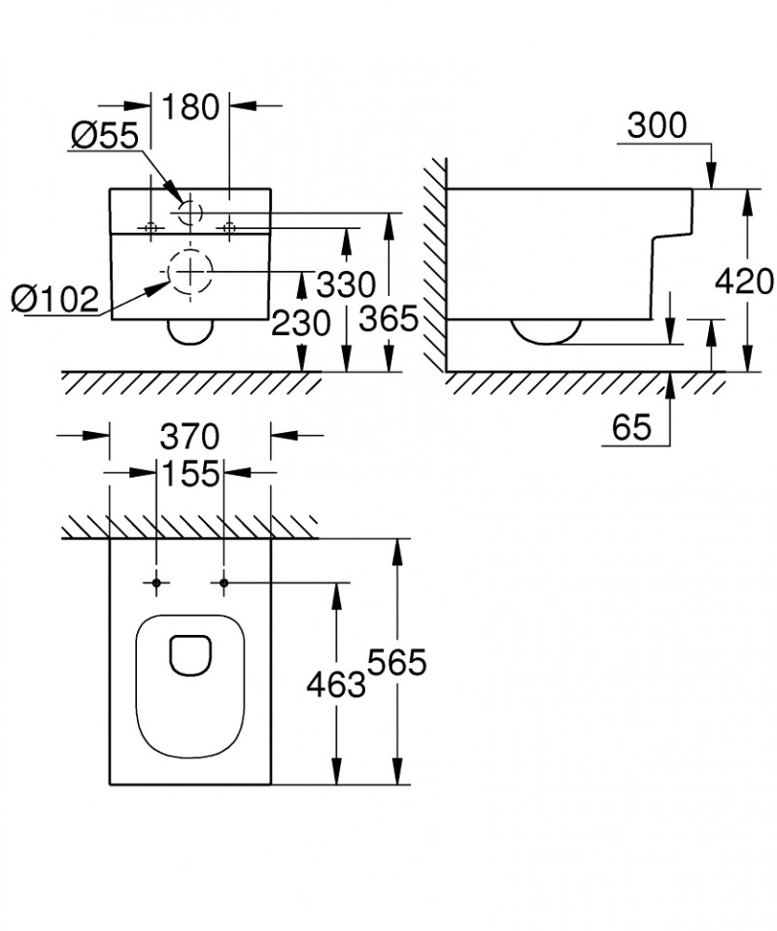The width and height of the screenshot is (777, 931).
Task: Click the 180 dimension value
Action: [x=190, y=107]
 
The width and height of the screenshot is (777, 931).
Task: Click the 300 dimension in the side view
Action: [x=657, y=124]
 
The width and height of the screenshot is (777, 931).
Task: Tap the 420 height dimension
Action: [x=744, y=282]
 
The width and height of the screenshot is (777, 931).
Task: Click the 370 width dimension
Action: [x=190, y=434]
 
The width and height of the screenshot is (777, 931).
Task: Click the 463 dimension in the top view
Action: [x=335, y=684]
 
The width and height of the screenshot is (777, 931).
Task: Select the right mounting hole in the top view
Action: [x=224, y=582]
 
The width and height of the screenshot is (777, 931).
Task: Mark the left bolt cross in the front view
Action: [x=151, y=227]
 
